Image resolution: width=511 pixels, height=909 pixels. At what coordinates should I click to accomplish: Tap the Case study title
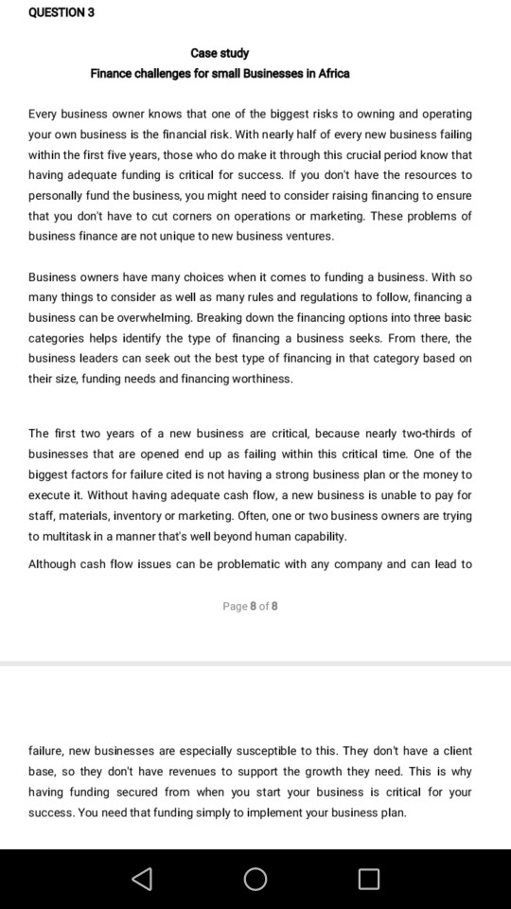pos(220,53)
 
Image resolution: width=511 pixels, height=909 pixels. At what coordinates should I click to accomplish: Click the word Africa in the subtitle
pos(331,74)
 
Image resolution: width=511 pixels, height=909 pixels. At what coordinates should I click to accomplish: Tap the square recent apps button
pos(369,879)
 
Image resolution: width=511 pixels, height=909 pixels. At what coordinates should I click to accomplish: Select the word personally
pos(59,196)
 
